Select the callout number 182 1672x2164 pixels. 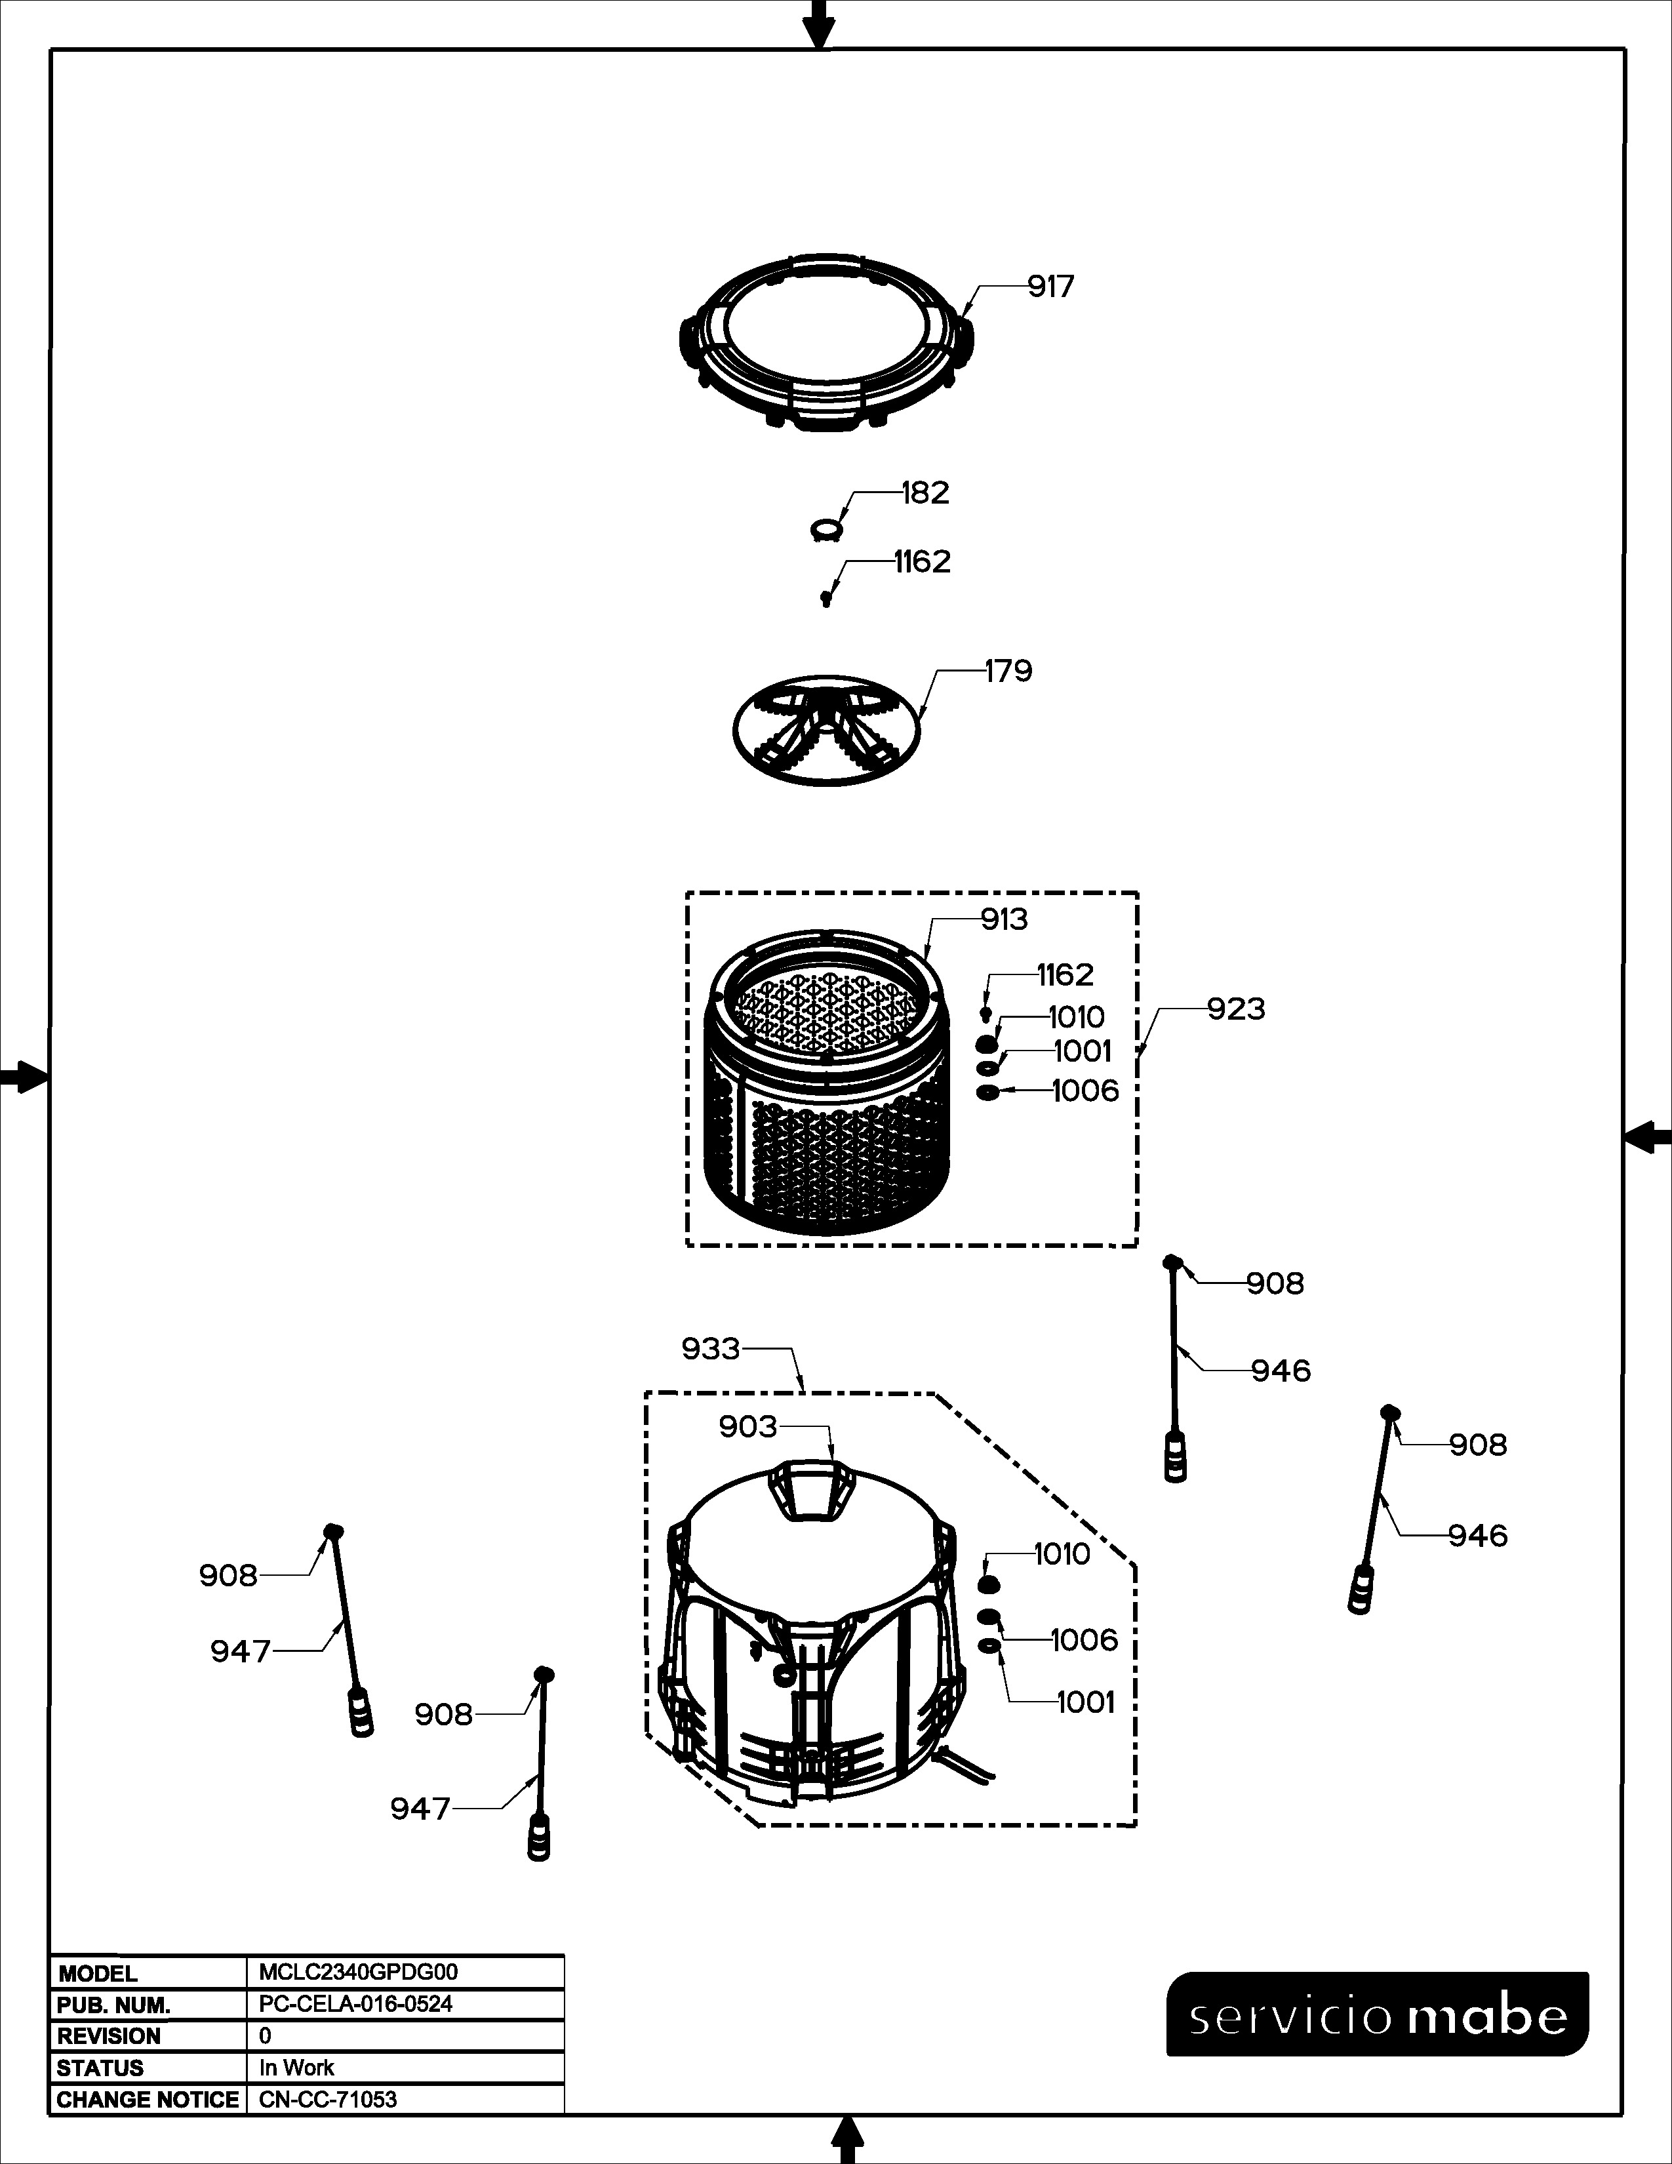(925, 492)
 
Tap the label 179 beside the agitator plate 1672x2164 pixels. (1008, 671)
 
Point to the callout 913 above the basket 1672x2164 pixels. (1005, 919)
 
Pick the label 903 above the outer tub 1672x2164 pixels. (748, 1427)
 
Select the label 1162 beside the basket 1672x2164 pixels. (1065, 975)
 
